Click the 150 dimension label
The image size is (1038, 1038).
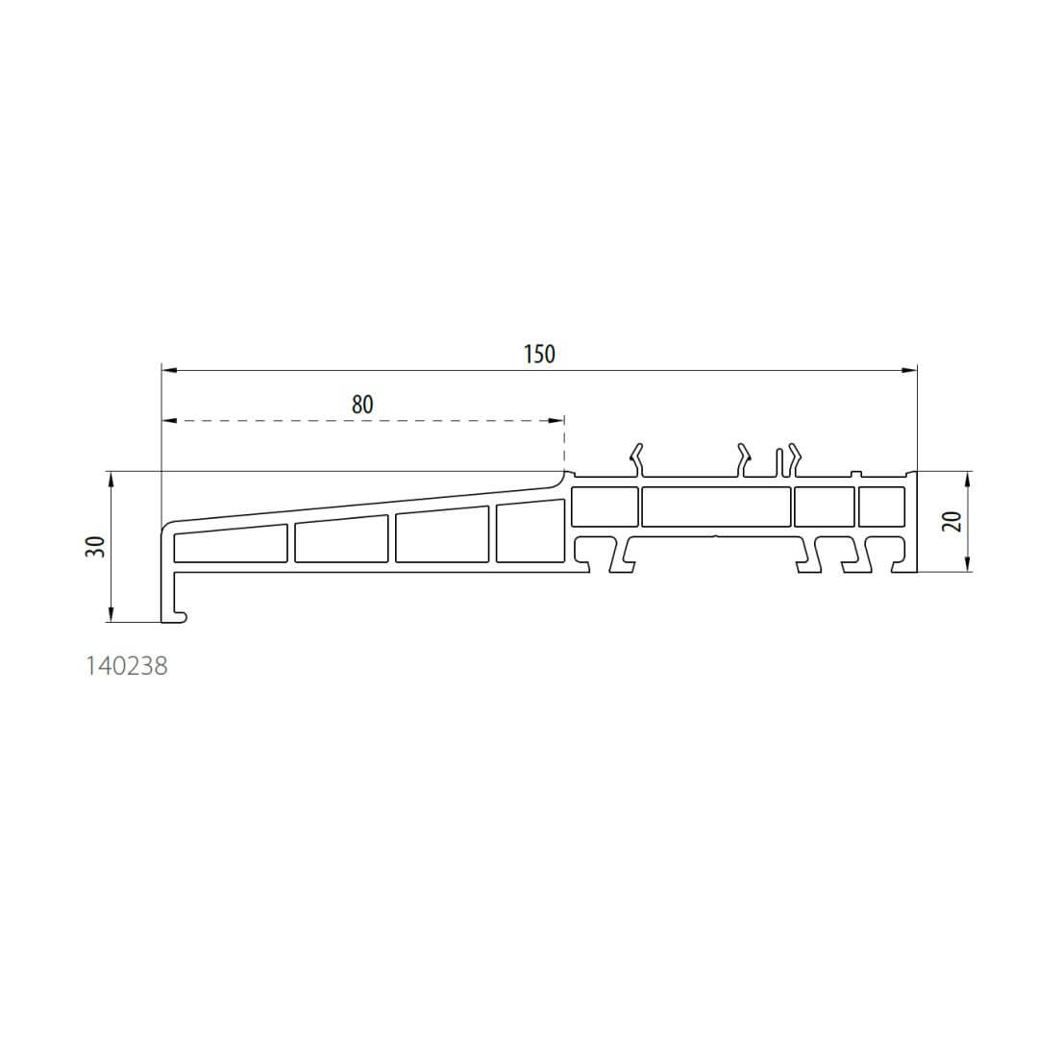pos(539,354)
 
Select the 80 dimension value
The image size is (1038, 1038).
pos(362,405)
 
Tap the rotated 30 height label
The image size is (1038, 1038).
pos(96,547)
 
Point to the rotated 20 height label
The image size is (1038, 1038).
pos(954,522)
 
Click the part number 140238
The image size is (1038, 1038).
pos(127,666)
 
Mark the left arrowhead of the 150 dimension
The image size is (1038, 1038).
pos(170,371)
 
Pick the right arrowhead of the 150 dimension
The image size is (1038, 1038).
pos(909,371)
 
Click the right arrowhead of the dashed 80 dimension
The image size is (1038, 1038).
pos(556,420)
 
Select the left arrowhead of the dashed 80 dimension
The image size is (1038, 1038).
pos(170,420)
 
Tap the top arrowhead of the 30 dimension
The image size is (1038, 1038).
pos(111,480)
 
